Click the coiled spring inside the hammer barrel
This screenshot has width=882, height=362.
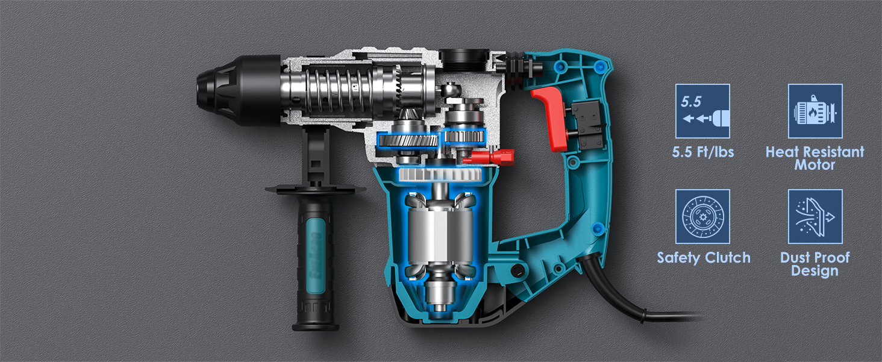click(338, 90)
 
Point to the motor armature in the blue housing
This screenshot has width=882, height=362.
click(440, 236)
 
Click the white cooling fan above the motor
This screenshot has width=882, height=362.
click(440, 174)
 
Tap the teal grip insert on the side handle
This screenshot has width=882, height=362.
click(316, 256)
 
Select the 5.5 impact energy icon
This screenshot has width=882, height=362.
click(702, 111)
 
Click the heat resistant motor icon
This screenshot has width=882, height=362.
click(815, 111)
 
